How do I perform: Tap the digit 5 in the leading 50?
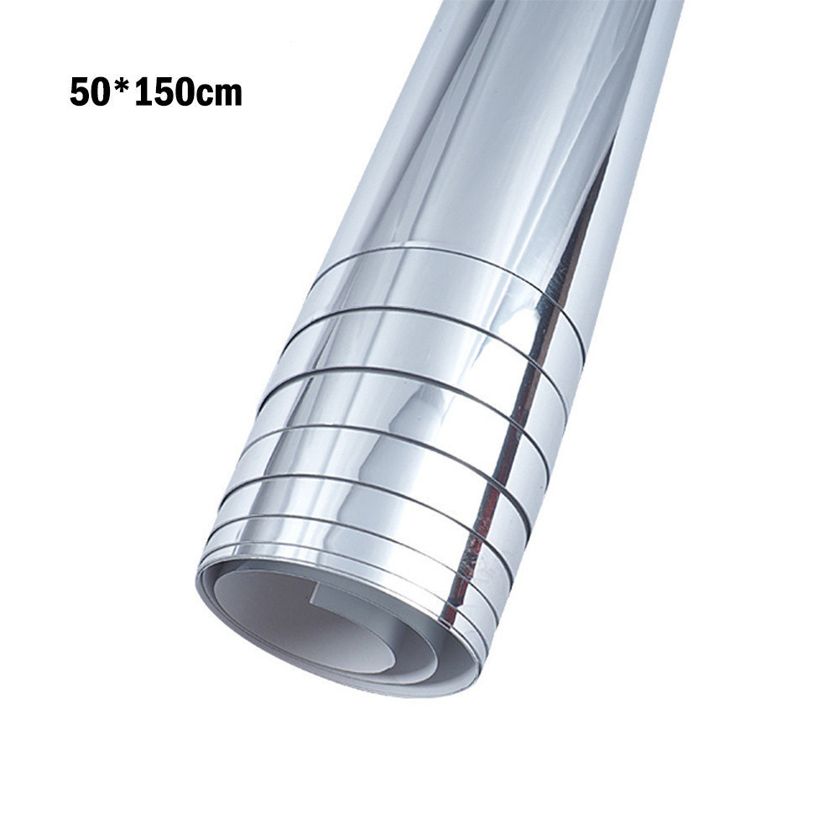pyautogui.click(x=79, y=93)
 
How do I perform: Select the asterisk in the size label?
pyautogui.click(x=119, y=87)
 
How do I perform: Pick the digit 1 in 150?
pyautogui.click(x=142, y=93)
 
